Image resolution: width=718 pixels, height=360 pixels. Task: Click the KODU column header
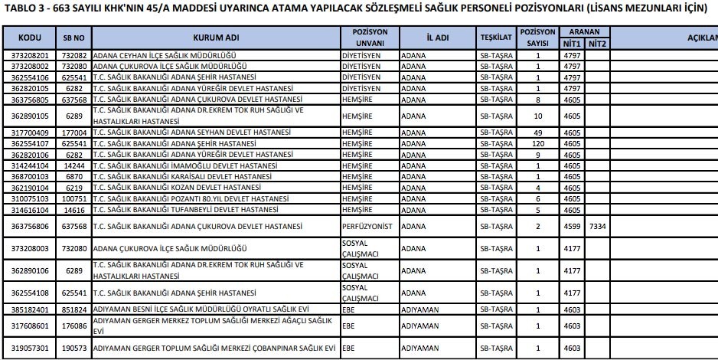click(x=30, y=38)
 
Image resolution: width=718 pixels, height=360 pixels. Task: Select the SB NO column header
click(x=73, y=38)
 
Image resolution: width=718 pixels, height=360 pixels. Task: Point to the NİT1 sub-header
click(x=573, y=44)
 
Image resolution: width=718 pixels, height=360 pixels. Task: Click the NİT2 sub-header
click(x=597, y=44)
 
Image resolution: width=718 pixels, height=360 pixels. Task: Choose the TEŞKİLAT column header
click(x=495, y=38)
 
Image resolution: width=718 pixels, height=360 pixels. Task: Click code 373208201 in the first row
click(x=30, y=56)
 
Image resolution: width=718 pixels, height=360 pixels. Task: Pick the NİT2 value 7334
click(x=597, y=226)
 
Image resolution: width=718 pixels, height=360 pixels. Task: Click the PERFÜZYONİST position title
click(x=366, y=226)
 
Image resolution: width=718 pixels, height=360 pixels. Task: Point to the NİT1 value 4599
click(x=573, y=226)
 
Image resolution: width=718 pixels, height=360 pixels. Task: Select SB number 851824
click(x=73, y=309)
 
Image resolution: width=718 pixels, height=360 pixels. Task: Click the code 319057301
click(x=30, y=348)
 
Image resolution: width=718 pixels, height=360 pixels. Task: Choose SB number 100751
click(x=73, y=198)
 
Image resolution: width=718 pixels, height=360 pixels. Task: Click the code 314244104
click(x=30, y=165)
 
